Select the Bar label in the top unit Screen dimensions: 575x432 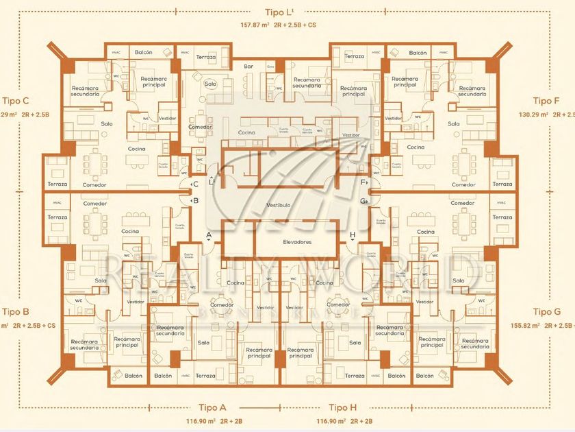click(x=248, y=67)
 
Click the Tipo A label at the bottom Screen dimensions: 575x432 click(x=213, y=407)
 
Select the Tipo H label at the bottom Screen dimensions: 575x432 click(x=343, y=407)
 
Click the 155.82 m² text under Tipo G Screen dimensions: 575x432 click(x=526, y=326)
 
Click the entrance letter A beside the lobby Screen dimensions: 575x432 click(x=209, y=235)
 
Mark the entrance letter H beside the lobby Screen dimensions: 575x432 click(x=352, y=235)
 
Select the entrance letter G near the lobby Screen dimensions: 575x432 click(x=363, y=201)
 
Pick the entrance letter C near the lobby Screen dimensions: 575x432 click(x=195, y=184)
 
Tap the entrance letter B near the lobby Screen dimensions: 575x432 click(x=195, y=201)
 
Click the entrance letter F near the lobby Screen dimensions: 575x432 click(x=363, y=183)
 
